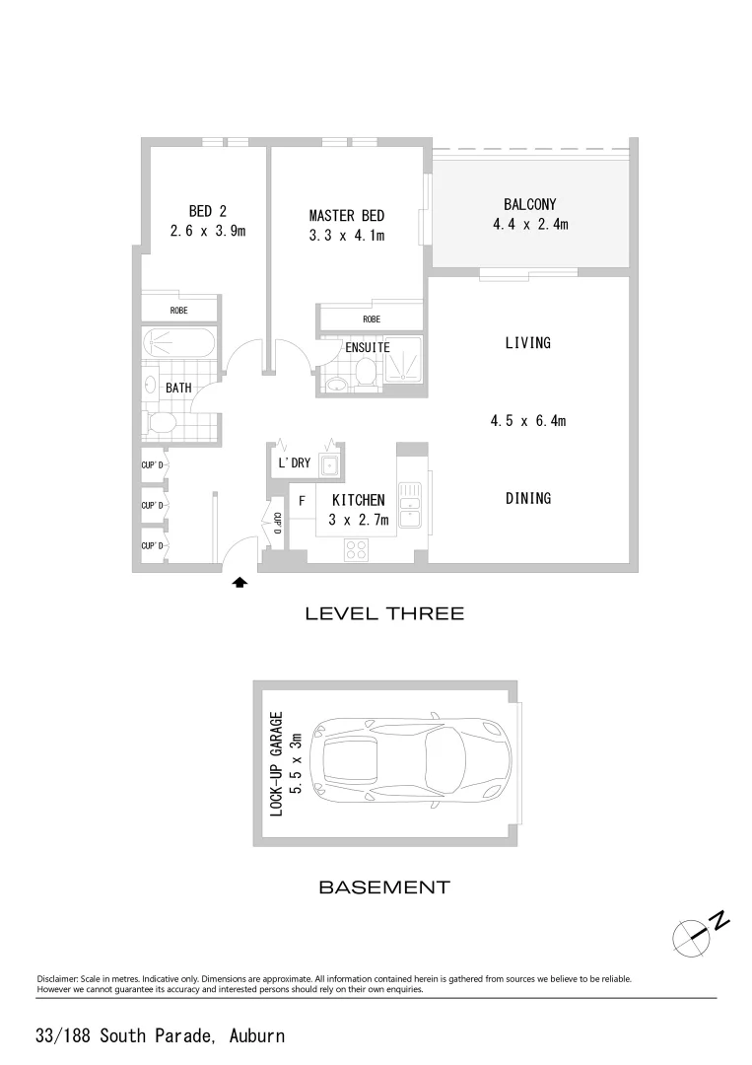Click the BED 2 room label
pyautogui.click(x=207, y=210)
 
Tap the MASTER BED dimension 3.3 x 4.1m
pyautogui.click(x=346, y=236)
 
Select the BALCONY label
pyautogui.click(x=530, y=205)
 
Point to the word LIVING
pyautogui.click(x=527, y=343)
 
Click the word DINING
pyautogui.click(x=527, y=498)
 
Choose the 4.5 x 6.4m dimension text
pyautogui.click(x=527, y=421)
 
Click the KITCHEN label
pyautogui.click(x=358, y=501)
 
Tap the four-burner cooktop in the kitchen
pyautogui.click(x=356, y=551)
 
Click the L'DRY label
pyautogui.click(x=294, y=462)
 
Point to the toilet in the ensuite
pyautogui.click(x=365, y=373)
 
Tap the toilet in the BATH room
pyautogui.click(x=161, y=423)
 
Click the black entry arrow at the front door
pyautogui.click(x=239, y=583)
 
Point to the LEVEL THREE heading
pyautogui.click(x=383, y=613)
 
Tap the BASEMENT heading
pyautogui.click(x=383, y=887)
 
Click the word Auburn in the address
pyautogui.click(x=256, y=1035)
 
